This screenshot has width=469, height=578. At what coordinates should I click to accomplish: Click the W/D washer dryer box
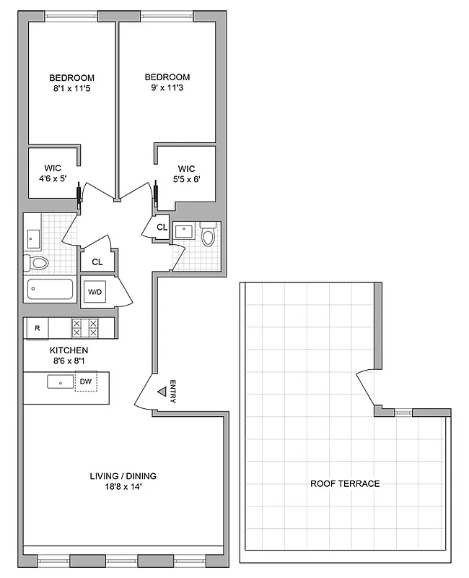95,292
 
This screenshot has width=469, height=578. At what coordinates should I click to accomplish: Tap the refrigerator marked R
37,329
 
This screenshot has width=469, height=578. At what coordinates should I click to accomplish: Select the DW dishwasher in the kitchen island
85,381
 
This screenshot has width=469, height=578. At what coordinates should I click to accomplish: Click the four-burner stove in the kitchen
84,328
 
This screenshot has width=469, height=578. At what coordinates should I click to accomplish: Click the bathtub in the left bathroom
50,290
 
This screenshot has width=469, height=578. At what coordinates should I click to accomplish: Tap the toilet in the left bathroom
36,262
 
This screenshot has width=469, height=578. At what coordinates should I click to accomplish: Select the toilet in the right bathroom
208,236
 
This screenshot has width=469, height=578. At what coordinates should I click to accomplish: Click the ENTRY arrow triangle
162,393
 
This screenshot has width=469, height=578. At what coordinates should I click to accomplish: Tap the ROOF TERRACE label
345,483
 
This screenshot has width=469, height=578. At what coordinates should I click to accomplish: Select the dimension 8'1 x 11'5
71,90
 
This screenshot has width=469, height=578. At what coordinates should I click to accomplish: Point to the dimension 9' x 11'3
167,90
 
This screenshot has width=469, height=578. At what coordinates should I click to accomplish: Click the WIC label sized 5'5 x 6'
186,174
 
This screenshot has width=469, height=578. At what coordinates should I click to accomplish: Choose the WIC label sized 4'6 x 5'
51,174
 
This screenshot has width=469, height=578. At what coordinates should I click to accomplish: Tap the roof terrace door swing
365,387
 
